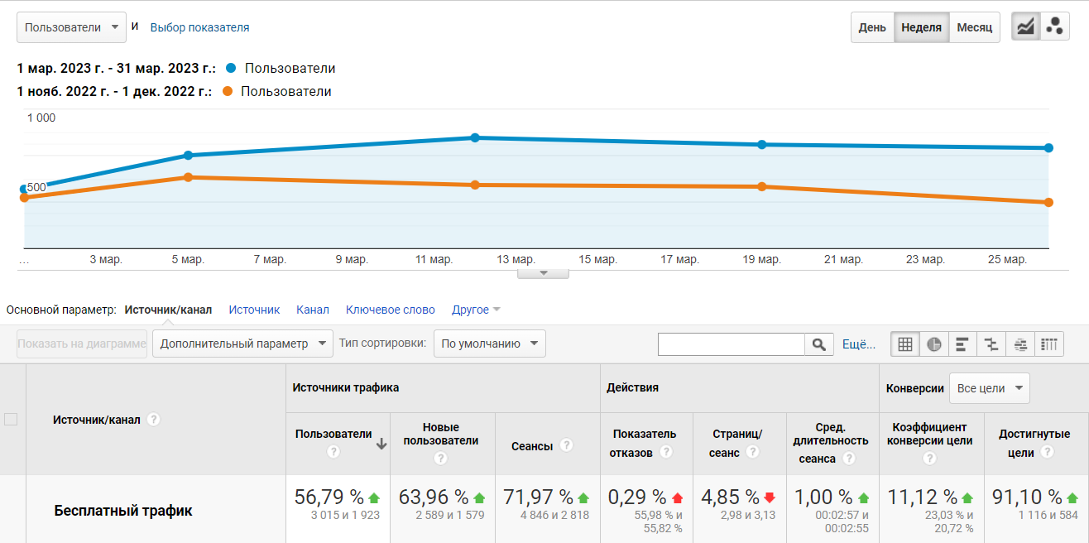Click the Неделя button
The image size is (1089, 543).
[x=921, y=27]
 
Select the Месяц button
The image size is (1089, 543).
[x=974, y=27]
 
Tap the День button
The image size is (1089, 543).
[x=872, y=27]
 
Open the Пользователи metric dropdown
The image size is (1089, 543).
[x=72, y=27]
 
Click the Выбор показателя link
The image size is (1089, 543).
[x=199, y=27]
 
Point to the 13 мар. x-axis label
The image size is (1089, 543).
[x=516, y=260]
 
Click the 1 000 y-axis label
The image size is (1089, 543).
[x=41, y=118]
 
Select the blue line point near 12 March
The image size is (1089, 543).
[x=475, y=137]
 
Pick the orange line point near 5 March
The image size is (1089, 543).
[x=188, y=177]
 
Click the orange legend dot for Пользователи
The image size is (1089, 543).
[x=228, y=91]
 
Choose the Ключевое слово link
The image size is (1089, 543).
[x=390, y=310]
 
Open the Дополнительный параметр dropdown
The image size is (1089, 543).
[x=242, y=344]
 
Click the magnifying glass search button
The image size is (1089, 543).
[x=818, y=344]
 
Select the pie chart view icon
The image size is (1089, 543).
[x=934, y=344]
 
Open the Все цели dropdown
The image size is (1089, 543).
[x=989, y=387]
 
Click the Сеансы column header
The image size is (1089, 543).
[x=532, y=445]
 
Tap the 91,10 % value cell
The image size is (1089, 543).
[x=1027, y=497]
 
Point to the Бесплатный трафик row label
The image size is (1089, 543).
[x=123, y=511]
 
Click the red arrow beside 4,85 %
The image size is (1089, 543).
[x=770, y=497]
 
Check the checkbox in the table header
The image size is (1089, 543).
[x=11, y=419]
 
